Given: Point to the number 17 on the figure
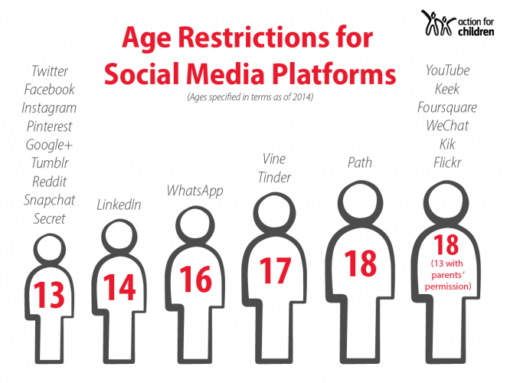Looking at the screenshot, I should click(275, 270).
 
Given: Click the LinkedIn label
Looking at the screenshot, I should click(119, 205).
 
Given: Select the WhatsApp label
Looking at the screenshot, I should click(195, 190).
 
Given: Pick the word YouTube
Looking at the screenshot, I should click(447, 71).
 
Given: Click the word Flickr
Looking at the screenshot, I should click(447, 162).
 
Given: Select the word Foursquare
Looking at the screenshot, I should click(447, 107).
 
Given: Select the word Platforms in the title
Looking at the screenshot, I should click(332, 75).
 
